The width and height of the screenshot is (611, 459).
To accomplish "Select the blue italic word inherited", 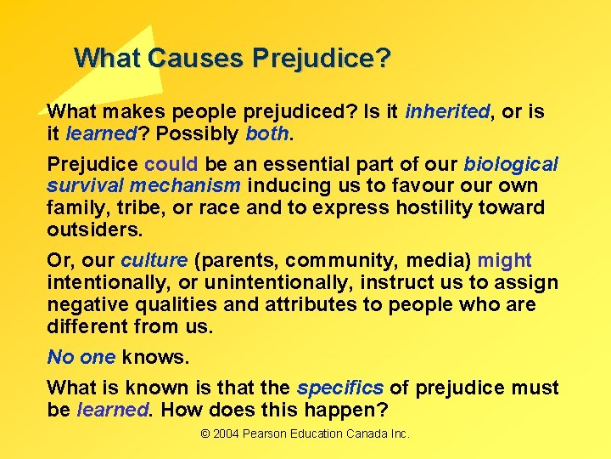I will coord(447,112).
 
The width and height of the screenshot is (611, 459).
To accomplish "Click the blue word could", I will coord(171,164).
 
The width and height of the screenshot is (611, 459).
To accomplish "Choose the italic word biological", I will coord(511,164).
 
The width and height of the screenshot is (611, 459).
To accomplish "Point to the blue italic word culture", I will coord(154,261).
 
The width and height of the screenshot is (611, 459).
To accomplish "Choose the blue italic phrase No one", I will coord(81,357).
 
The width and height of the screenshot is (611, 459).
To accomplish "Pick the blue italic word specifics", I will coord(340,388).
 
